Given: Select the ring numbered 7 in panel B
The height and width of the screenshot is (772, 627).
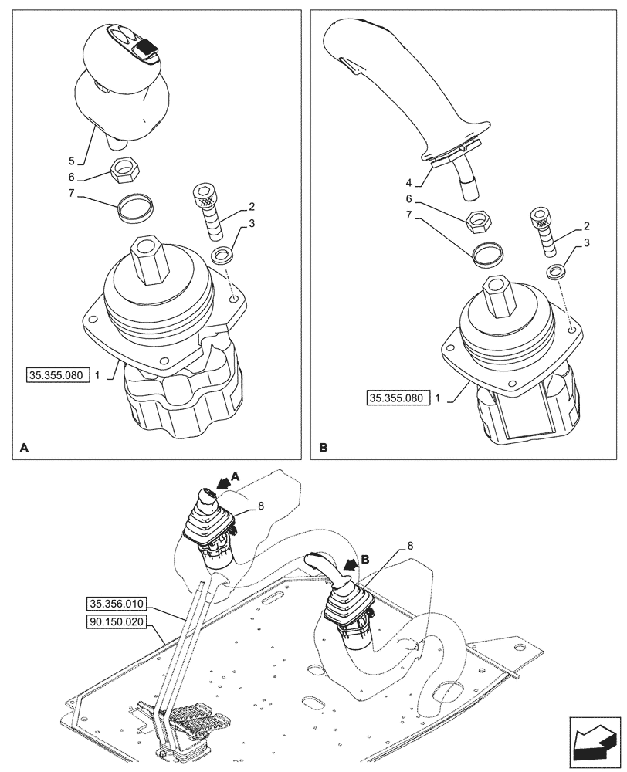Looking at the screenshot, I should [x=486, y=254].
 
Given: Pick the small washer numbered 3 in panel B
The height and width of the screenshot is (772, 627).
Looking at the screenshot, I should [x=554, y=271].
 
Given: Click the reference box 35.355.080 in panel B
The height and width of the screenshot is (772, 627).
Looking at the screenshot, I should [x=396, y=398].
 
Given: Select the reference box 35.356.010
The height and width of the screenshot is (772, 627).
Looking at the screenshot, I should [x=117, y=603].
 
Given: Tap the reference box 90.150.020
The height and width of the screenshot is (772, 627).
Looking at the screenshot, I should [x=117, y=620].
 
